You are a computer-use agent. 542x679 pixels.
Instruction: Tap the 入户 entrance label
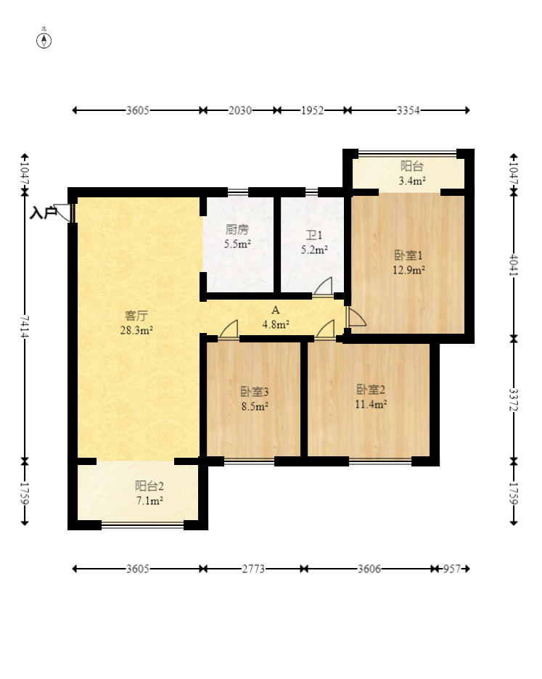click(43, 213)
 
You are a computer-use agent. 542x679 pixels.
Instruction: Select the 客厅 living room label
click(136, 316)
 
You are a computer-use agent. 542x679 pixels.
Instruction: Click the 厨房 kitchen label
click(237, 229)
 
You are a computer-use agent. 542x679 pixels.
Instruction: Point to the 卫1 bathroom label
click(314, 235)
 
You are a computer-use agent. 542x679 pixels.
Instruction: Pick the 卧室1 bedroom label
click(408, 255)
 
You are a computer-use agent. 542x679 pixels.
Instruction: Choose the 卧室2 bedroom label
click(371, 390)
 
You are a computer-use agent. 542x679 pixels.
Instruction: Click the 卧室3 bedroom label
click(255, 392)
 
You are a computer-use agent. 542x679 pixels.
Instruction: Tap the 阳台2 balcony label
click(149, 486)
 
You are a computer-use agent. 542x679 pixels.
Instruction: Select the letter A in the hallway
click(276, 310)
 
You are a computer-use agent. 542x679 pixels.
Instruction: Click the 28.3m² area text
click(136, 330)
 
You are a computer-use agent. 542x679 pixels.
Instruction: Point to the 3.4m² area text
click(411, 181)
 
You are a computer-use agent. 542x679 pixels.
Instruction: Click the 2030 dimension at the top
click(240, 110)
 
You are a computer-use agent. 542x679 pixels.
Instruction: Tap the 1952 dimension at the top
click(313, 110)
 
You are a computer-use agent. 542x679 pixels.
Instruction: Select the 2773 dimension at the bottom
click(253, 569)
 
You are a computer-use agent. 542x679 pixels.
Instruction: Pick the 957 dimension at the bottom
click(452, 569)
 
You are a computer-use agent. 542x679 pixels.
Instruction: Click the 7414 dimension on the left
click(25, 327)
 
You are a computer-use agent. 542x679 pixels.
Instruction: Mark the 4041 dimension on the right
click(514, 265)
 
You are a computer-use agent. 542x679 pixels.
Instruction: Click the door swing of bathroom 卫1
click(323, 287)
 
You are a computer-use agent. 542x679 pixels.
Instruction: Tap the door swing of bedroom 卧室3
click(229, 329)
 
